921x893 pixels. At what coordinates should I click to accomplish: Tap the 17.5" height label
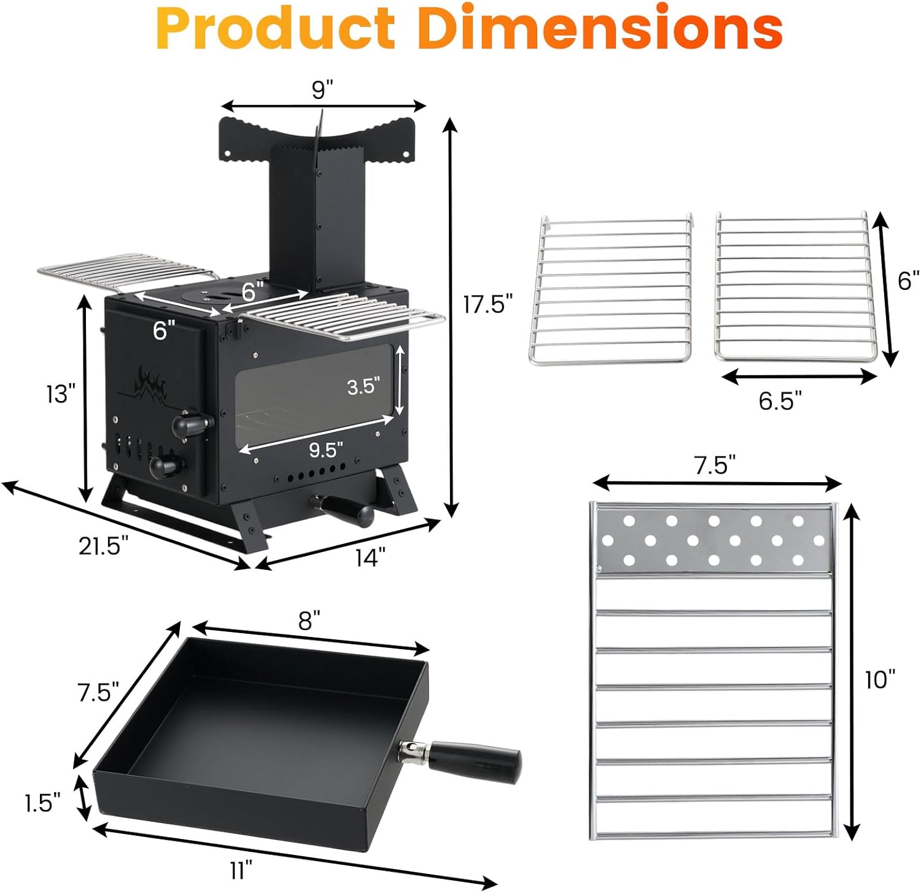tap(488, 304)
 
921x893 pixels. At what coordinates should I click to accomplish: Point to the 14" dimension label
tap(370, 558)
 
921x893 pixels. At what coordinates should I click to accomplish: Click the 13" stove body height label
tap(61, 394)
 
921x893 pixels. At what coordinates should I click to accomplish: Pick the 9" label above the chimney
tap(322, 90)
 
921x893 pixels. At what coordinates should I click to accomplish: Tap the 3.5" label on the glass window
tap(364, 386)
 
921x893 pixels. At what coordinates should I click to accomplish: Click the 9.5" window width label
tap(326, 450)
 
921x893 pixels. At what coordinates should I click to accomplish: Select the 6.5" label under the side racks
tap(780, 400)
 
